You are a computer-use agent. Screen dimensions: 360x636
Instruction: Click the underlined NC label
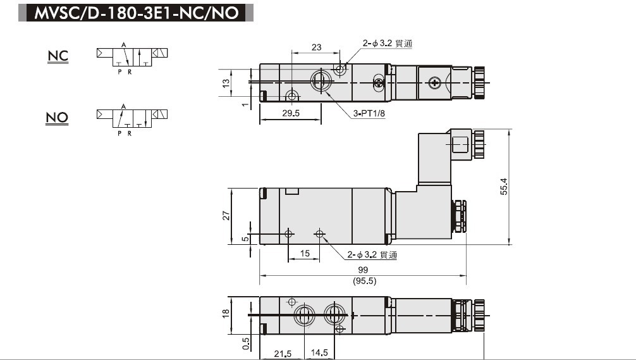pyautogui.click(x=58, y=56)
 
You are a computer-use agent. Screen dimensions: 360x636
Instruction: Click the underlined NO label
pyautogui.click(x=57, y=118)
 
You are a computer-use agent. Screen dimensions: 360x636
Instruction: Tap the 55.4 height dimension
pyautogui.click(x=504, y=187)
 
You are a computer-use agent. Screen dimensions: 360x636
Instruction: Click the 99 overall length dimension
pyautogui.click(x=363, y=270)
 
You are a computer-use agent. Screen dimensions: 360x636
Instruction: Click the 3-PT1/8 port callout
pyautogui.click(x=369, y=114)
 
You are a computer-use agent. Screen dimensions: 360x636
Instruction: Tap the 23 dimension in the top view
pyautogui.click(x=317, y=47)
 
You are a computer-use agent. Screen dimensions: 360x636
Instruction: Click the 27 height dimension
pyautogui.click(x=226, y=216)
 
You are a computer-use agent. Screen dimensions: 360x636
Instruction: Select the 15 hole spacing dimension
pyautogui.click(x=305, y=254)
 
